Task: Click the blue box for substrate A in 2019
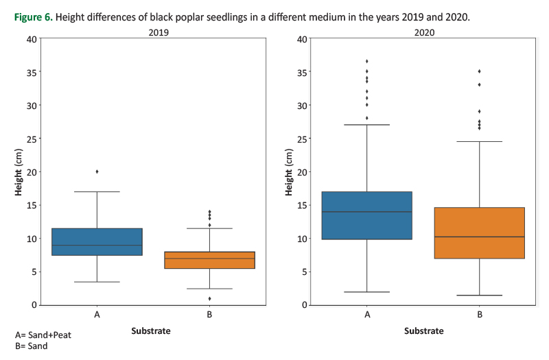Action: pyautogui.click(x=97, y=241)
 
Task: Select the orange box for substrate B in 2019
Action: pyautogui.click(x=209, y=260)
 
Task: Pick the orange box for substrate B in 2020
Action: pyautogui.click(x=479, y=232)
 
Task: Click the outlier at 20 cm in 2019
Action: pyautogui.click(x=97, y=171)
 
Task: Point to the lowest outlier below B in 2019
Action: pyautogui.click(x=209, y=298)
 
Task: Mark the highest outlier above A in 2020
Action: pyautogui.click(x=366, y=61)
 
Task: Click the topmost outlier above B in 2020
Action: pyautogui.click(x=479, y=71)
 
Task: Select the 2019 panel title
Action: pyautogui.click(x=154, y=32)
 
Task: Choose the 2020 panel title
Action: pyautogui.click(x=423, y=32)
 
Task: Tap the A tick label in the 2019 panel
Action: pyautogui.click(x=97, y=315)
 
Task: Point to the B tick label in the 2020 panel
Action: pyautogui.click(x=479, y=315)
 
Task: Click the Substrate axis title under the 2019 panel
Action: pyautogui.click(x=151, y=331)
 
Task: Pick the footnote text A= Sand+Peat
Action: pyautogui.click(x=43, y=335)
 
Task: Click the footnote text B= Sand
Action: pyautogui.click(x=32, y=346)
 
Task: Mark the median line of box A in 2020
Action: pyautogui.click(x=366, y=212)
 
